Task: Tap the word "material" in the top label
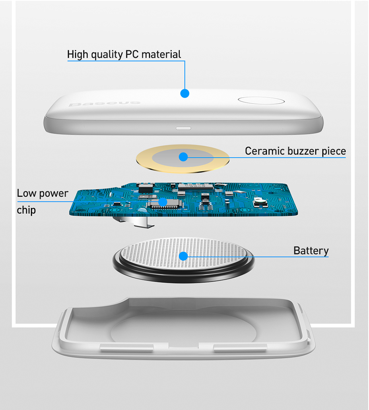pos(161,54)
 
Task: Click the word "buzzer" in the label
pos(303,151)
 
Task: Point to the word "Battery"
pos(311,251)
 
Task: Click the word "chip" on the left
pos(26,210)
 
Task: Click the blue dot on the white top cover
pos(185,93)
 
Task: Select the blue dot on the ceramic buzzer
pos(183,157)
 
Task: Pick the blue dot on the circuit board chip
pos(163,202)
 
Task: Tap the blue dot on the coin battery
pos(183,256)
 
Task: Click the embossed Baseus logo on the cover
pos(105,104)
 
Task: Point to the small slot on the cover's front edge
pos(183,128)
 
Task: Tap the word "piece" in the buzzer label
pos(334,151)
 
